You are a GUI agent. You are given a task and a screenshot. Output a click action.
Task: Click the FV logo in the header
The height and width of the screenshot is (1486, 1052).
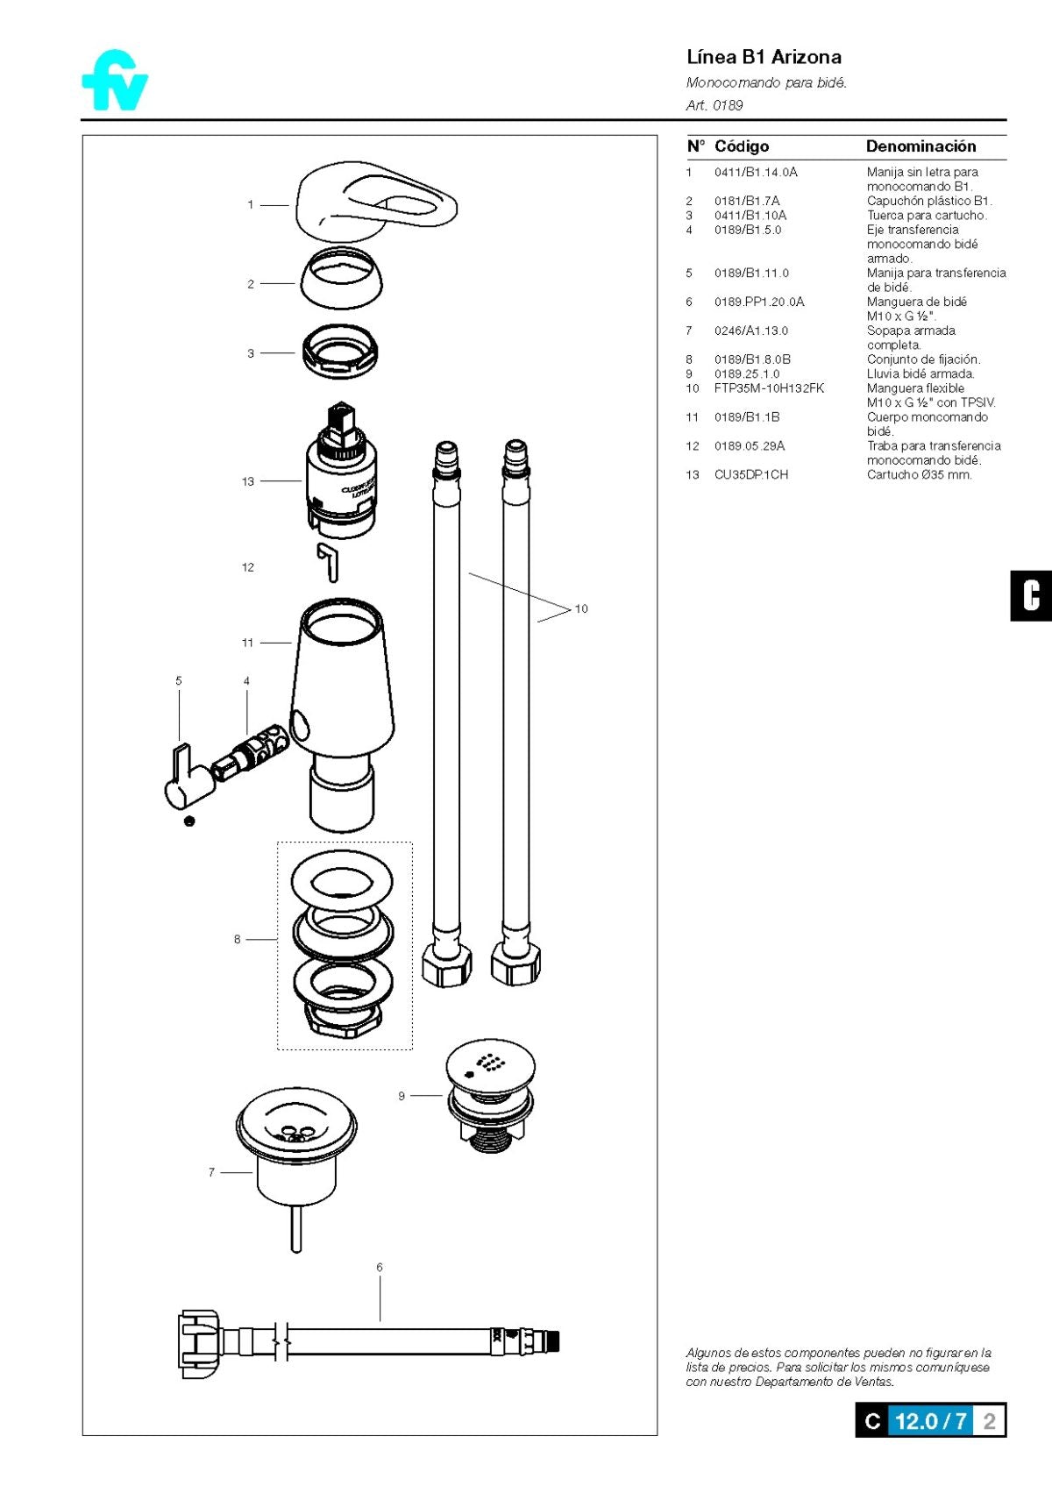tap(116, 81)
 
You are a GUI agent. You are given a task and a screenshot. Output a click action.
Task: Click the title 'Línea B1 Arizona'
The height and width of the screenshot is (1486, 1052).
tap(764, 58)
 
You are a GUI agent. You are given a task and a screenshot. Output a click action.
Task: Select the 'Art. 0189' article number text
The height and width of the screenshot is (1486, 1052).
tap(714, 105)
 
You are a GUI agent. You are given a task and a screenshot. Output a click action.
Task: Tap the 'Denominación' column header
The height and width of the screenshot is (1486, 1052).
tap(920, 146)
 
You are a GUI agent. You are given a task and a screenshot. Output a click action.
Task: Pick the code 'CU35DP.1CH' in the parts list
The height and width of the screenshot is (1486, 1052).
tap(750, 474)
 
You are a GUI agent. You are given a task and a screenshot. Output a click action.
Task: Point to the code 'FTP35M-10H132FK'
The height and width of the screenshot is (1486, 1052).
tap(769, 388)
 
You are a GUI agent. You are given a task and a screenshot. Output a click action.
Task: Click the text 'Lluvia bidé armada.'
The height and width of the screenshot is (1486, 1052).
tap(920, 373)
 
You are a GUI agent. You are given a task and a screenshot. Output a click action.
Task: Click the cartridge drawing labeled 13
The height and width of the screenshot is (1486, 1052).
tap(341, 470)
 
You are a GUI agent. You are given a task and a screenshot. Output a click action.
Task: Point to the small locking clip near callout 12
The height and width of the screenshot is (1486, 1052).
tap(329, 562)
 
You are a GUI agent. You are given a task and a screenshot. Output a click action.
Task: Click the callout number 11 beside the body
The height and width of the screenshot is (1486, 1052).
tap(247, 642)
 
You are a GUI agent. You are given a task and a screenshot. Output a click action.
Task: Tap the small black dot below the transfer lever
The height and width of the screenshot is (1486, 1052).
tap(189, 821)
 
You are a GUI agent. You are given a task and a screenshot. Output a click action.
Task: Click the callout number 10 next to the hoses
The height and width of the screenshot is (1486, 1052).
tap(581, 608)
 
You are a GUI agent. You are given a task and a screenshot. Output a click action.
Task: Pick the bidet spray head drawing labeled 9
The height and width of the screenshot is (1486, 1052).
tap(490, 1093)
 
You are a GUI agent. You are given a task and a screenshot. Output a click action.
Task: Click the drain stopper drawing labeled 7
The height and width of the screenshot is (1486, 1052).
tap(296, 1157)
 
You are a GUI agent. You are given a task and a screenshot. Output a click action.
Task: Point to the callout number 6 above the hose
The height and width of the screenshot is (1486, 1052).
tap(380, 1267)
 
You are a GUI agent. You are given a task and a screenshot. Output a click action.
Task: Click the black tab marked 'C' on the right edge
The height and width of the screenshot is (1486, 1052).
tap(1031, 596)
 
